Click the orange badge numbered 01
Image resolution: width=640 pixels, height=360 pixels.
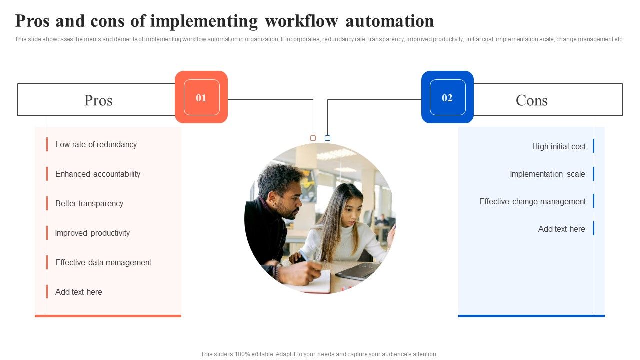(201, 97)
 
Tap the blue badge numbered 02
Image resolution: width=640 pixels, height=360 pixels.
(447, 97)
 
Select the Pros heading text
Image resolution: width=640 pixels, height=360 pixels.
(98, 100)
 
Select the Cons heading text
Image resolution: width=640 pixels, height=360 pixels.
(531, 100)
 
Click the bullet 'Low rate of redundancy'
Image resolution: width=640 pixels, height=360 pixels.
(96, 145)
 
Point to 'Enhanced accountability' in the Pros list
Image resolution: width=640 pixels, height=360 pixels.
(98, 174)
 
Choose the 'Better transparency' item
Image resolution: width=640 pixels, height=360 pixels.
(89, 204)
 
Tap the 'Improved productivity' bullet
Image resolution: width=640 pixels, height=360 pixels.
(92, 233)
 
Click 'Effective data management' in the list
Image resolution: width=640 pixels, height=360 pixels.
(103, 263)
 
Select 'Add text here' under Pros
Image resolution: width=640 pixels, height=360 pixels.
(79, 292)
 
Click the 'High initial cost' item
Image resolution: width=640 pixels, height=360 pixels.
(559, 147)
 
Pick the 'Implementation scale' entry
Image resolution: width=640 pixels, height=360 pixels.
(547, 174)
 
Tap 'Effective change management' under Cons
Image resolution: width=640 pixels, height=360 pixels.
(532, 202)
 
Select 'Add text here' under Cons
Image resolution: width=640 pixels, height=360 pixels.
(561, 229)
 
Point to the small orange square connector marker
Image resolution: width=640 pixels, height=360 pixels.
(313, 138)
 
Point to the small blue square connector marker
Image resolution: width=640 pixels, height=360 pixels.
(327, 138)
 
